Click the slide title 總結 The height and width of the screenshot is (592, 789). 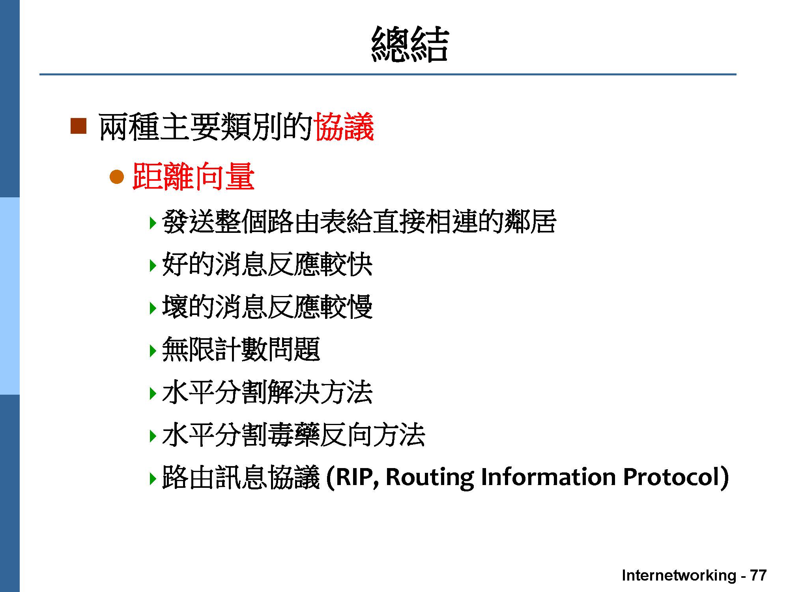(410, 44)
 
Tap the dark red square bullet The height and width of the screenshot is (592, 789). (78, 126)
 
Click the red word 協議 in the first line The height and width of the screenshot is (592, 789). (344, 127)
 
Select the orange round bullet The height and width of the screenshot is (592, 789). (117, 177)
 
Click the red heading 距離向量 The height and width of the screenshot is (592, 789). (193, 177)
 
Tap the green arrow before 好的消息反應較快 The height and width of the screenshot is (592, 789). (153, 265)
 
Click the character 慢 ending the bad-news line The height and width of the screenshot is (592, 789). (359, 307)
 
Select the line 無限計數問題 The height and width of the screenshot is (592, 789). (241, 349)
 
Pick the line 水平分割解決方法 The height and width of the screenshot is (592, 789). (267, 392)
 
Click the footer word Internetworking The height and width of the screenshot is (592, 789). (679, 575)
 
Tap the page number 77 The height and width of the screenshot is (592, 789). (758, 575)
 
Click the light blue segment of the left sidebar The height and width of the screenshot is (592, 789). (9, 296)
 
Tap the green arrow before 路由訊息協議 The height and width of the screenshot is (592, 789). (153, 478)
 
